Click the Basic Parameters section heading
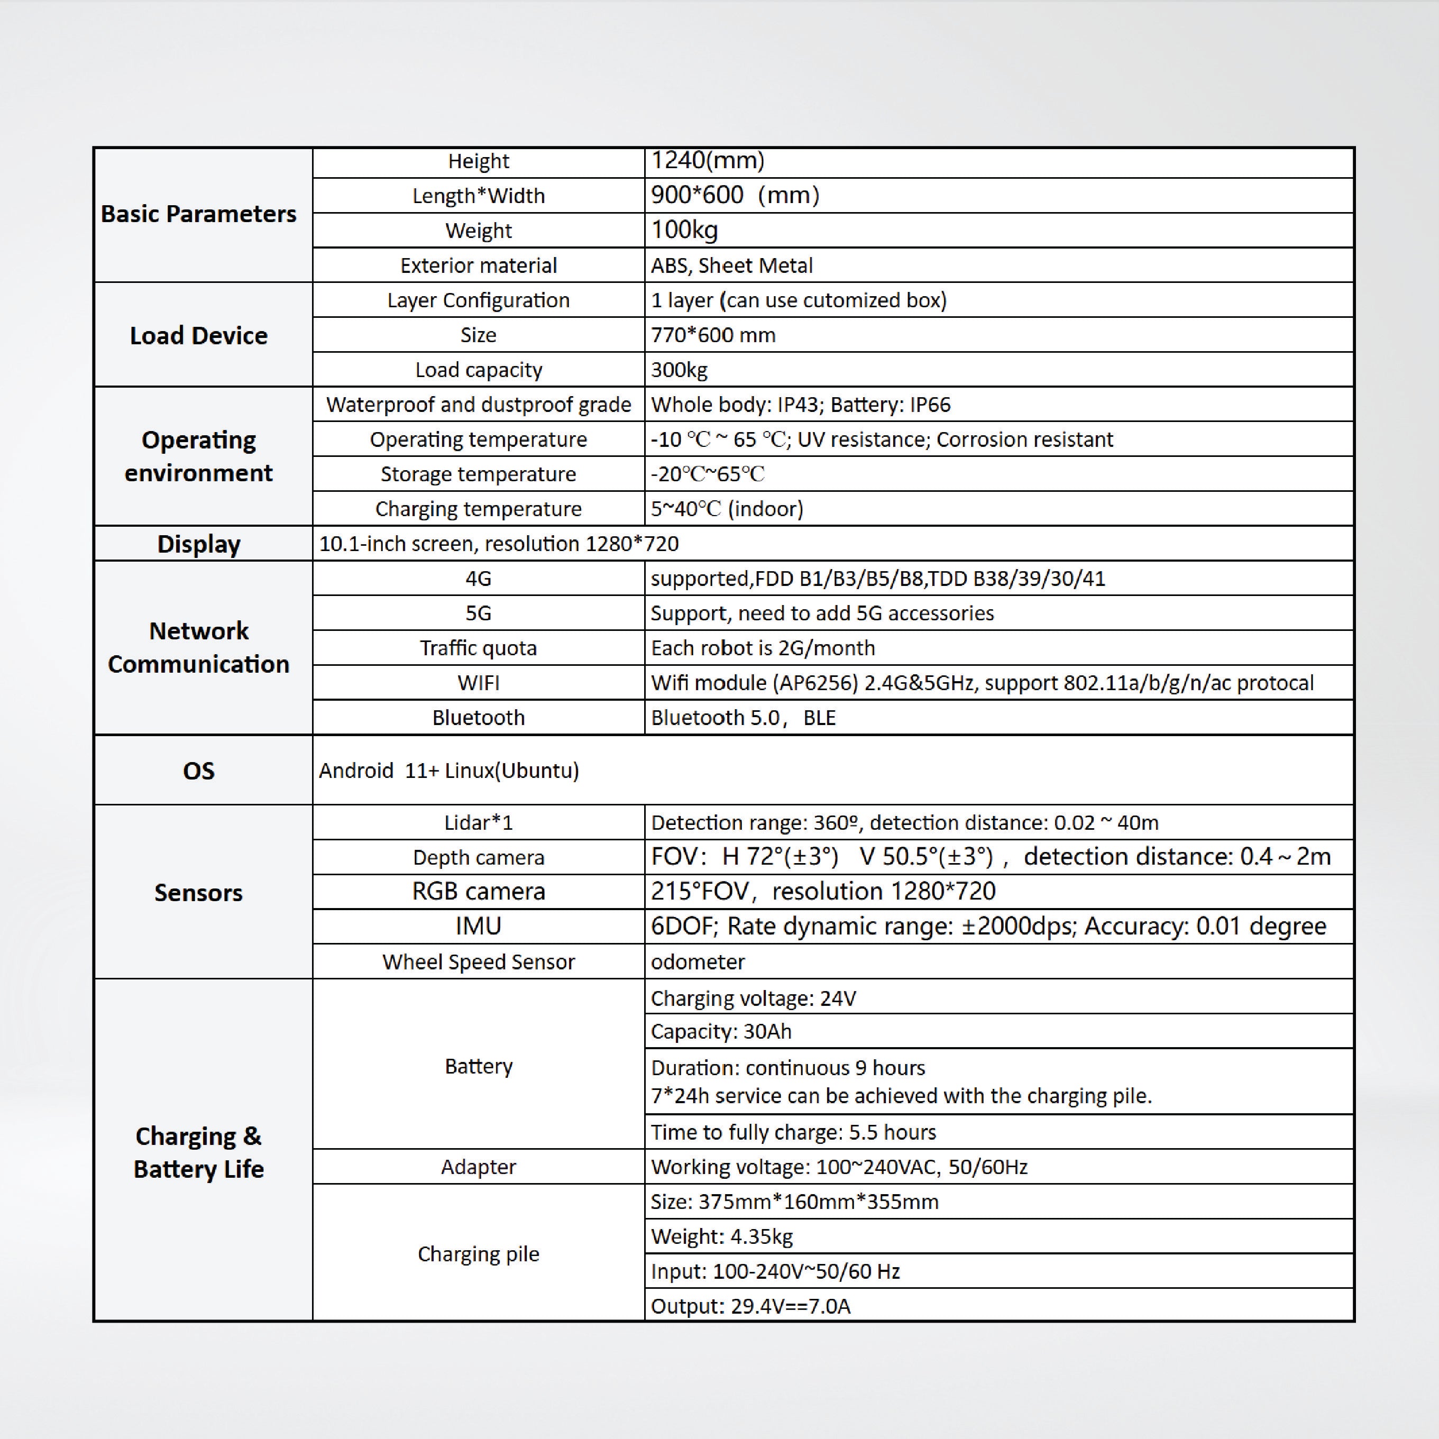click(x=198, y=214)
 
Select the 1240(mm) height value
click(x=707, y=160)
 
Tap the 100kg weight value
click(x=684, y=230)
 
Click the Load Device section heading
click(x=198, y=335)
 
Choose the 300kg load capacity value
click(x=679, y=370)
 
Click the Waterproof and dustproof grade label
click(x=478, y=405)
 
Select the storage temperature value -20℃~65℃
click(x=707, y=474)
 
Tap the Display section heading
click(x=198, y=544)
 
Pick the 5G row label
click(x=478, y=613)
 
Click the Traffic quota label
click(x=478, y=648)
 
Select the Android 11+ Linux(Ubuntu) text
click(x=448, y=770)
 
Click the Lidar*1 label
click(x=478, y=822)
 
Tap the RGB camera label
click(x=478, y=892)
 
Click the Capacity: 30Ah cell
click(x=720, y=1032)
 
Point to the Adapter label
click(x=478, y=1167)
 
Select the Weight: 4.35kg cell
click(x=721, y=1236)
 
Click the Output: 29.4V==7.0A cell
click(x=750, y=1306)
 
